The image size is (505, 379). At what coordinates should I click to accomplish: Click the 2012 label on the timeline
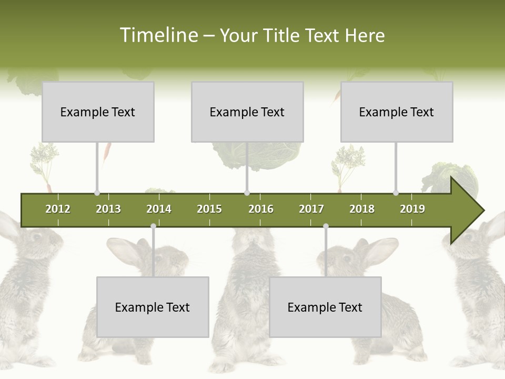[58, 209]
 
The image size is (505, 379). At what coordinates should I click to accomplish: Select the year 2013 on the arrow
[108, 209]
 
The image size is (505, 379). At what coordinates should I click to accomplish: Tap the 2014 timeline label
[159, 209]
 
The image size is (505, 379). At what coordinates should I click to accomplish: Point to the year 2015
[209, 209]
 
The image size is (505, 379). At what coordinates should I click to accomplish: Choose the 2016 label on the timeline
[261, 209]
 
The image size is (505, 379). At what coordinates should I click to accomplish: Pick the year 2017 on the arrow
[311, 209]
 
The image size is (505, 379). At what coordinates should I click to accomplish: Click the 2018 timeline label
[362, 209]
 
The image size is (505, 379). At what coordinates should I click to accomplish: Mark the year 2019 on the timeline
[412, 209]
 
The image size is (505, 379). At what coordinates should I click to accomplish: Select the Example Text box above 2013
[98, 112]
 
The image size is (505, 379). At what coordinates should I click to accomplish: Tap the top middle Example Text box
[247, 112]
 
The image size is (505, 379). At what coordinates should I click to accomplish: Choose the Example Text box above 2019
[397, 112]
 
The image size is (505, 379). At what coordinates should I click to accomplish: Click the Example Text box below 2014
[153, 307]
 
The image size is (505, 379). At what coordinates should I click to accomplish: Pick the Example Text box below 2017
[325, 307]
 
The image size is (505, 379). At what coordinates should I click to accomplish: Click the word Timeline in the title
[157, 35]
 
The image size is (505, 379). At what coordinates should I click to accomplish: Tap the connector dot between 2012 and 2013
[97, 193]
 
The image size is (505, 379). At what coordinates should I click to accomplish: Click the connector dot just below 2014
[153, 226]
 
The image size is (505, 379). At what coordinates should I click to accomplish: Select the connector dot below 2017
[326, 226]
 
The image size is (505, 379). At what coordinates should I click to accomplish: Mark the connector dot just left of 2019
[396, 193]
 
